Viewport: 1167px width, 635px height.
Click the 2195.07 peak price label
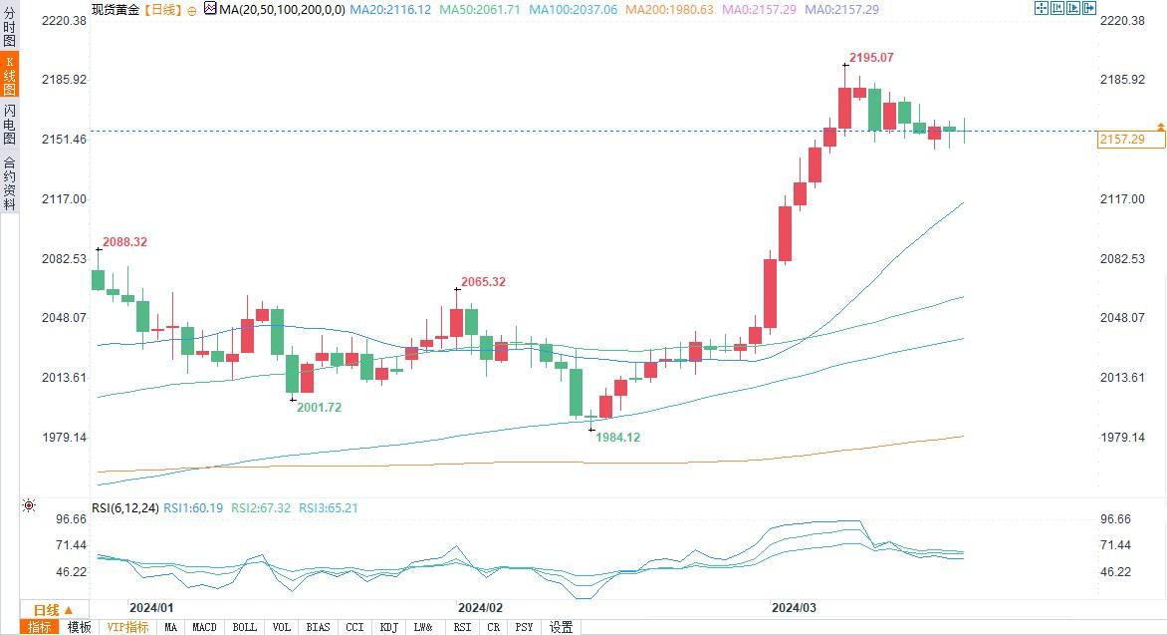pyautogui.click(x=872, y=58)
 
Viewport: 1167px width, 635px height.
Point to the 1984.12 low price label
pyautogui.click(x=618, y=437)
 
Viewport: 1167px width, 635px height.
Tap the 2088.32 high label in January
pyautogui.click(x=124, y=242)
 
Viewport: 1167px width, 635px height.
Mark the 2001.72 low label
pyautogui.click(x=320, y=407)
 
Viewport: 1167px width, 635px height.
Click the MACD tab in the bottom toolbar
pyautogui.click(x=204, y=627)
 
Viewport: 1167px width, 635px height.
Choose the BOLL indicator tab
pyautogui.click(x=244, y=627)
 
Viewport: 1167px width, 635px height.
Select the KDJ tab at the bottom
pyautogui.click(x=387, y=627)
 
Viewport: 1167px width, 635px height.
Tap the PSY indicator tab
pyautogui.click(x=524, y=627)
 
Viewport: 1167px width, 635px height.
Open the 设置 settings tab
pyautogui.click(x=561, y=627)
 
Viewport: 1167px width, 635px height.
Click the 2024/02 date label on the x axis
pyautogui.click(x=481, y=606)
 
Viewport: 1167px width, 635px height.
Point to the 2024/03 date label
pyautogui.click(x=795, y=606)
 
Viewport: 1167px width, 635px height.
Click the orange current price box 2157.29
pyautogui.click(x=1130, y=140)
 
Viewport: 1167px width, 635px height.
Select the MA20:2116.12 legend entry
pyautogui.click(x=404, y=9)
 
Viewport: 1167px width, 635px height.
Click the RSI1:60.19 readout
pyautogui.click(x=193, y=508)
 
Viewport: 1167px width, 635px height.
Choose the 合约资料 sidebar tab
pyautogui.click(x=9, y=182)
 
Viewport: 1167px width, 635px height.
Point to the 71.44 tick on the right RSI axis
pyautogui.click(x=1117, y=545)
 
